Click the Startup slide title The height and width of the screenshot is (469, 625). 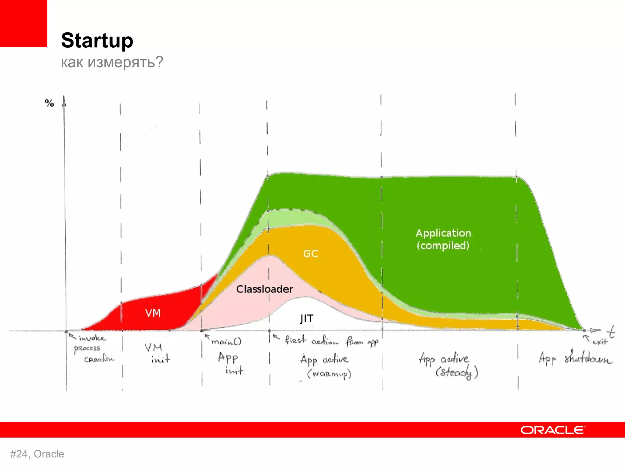point(97,40)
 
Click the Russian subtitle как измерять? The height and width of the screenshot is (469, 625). point(112,62)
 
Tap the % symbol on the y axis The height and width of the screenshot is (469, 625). point(49,103)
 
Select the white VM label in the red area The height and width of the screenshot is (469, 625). point(153,313)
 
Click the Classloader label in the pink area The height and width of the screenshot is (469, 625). point(265,289)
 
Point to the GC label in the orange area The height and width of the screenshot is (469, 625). point(311,253)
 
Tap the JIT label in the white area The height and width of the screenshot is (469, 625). point(306,318)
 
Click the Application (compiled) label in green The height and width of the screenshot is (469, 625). point(443,239)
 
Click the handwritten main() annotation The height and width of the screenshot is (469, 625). point(226,341)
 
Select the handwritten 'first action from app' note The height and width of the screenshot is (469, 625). point(331,340)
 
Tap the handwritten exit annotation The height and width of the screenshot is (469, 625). point(600,342)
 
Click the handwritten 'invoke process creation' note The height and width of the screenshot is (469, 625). point(92,348)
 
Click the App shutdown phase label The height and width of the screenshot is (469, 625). point(575,358)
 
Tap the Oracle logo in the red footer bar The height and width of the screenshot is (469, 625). point(553,430)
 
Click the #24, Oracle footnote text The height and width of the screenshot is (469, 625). point(37,454)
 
